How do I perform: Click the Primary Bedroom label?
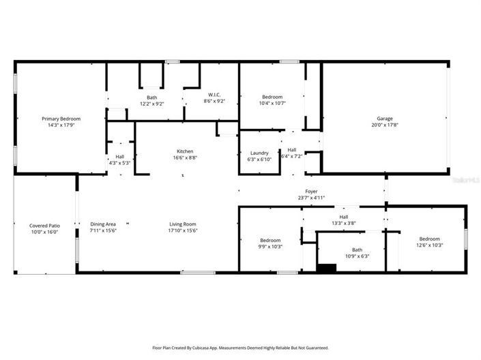(x=56, y=119)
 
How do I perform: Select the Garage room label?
(x=384, y=118)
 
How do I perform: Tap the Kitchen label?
(x=185, y=151)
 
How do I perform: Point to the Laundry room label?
(x=259, y=153)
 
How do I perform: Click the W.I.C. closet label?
(x=214, y=95)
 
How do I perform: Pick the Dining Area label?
(x=103, y=224)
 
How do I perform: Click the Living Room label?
(x=183, y=224)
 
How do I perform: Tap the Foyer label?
(x=311, y=192)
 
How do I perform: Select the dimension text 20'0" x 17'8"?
(x=384, y=125)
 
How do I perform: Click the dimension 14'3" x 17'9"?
(x=56, y=125)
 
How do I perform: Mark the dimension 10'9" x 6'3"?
(x=357, y=256)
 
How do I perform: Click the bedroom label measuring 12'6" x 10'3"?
(x=430, y=239)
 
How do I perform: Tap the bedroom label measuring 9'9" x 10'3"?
(x=270, y=240)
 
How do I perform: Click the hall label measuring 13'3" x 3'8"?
(x=344, y=216)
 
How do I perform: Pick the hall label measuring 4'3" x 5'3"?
(x=119, y=156)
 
